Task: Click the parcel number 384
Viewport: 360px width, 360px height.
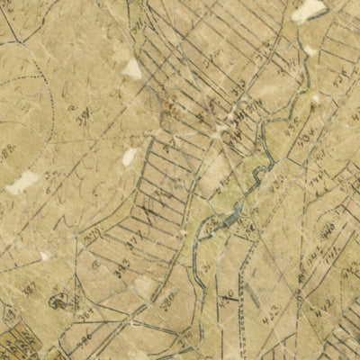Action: point(85,115)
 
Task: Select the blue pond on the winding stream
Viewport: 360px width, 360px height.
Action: point(231,216)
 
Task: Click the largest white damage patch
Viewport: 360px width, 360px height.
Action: point(308,10)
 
